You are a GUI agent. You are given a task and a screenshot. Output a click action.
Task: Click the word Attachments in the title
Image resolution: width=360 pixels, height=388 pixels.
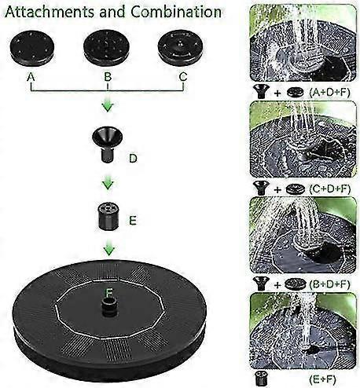tap(50, 12)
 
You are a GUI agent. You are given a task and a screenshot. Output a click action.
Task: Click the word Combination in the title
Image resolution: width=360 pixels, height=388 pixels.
tap(176, 12)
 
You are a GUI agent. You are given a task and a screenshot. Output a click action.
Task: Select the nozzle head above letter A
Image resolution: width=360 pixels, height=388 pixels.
tap(32, 47)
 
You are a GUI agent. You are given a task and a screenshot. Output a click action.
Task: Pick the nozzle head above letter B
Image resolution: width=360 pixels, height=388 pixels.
tap(106, 47)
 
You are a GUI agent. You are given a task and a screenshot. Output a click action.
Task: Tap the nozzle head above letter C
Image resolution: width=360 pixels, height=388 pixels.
tap(180, 47)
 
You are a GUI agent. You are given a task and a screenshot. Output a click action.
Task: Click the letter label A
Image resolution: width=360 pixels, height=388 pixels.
tap(31, 77)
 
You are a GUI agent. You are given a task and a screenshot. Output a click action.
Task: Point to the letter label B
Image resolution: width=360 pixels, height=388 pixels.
tap(108, 77)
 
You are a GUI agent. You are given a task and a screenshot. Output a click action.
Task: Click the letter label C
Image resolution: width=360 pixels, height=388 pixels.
tap(183, 77)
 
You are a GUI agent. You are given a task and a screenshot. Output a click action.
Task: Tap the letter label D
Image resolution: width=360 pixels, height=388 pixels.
tap(133, 159)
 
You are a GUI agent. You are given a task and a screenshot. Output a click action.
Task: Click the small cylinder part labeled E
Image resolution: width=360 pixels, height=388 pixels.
tap(108, 216)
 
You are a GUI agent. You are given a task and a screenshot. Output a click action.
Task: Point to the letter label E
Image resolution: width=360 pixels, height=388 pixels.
tap(133, 221)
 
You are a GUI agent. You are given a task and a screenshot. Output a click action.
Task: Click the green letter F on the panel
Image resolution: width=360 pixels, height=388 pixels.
tap(108, 293)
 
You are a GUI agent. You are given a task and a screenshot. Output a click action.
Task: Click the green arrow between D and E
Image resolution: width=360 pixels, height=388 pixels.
tap(108, 183)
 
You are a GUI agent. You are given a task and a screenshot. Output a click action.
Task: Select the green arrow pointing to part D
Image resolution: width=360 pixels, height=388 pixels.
tap(108, 105)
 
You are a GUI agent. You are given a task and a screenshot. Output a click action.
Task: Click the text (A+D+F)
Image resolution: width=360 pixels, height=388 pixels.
tap(329, 93)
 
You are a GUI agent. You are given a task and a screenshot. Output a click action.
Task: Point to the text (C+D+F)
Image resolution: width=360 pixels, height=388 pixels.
tap(329, 189)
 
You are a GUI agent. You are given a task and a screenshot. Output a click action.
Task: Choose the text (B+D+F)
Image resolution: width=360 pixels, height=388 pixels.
tap(329, 284)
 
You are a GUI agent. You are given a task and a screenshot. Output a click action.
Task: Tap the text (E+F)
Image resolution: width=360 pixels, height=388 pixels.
tap(322, 379)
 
